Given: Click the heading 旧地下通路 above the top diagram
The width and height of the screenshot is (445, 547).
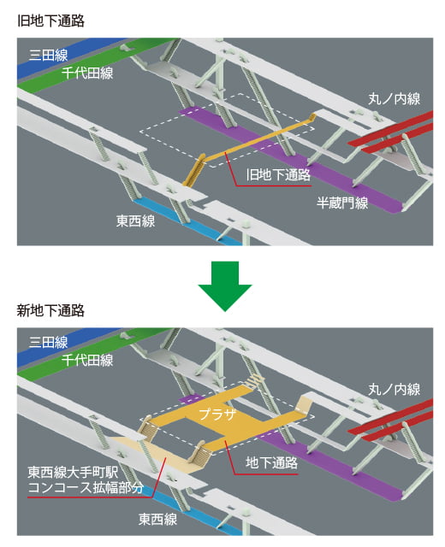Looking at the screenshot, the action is pos(51,21).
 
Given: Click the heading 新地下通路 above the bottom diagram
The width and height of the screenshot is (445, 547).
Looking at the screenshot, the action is pos(51,310).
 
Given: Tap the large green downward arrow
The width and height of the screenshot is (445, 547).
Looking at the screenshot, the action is pos(225,286).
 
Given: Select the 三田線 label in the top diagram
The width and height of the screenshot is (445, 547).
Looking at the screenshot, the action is pos(48,55).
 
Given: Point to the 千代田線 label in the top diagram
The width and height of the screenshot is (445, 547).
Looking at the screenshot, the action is pos(87,73).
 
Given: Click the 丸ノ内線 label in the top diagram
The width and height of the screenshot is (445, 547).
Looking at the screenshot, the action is pos(394,99).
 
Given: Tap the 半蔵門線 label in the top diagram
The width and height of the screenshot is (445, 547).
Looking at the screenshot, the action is pos(342,203).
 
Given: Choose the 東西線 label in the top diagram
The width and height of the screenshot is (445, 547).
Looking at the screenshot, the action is pos(135,221).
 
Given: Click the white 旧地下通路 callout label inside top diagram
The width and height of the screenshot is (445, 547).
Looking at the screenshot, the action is pos(278,174).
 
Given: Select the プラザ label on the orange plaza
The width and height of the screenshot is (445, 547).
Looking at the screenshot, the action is pos(217,415).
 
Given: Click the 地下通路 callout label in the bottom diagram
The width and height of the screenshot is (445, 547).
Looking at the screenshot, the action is pos(272,463).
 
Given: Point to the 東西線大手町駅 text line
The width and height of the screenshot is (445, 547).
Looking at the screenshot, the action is pos(73,473).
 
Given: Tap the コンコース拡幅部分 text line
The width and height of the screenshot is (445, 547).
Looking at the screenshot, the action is pos(86,487).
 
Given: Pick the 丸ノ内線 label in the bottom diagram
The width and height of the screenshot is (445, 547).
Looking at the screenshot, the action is pos(394,390).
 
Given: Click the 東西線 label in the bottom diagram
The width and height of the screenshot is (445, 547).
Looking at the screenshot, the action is pos(157,519).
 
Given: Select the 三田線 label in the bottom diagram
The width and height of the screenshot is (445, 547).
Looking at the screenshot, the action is pos(48,342).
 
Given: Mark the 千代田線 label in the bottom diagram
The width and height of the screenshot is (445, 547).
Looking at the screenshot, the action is pos(87,360).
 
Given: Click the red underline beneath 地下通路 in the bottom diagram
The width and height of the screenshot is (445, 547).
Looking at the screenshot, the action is pos(266,474).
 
